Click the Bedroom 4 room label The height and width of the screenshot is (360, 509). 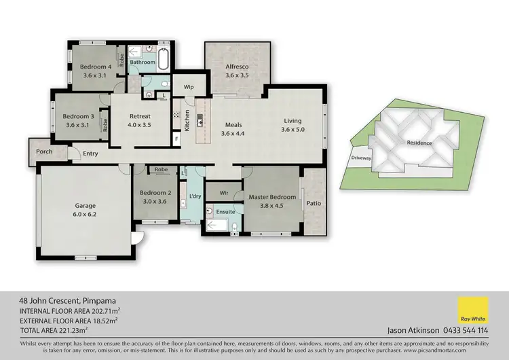coord(96,67)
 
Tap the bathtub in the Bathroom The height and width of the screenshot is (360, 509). coord(164,60)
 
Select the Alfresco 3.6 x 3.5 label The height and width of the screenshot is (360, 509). coord(238,67)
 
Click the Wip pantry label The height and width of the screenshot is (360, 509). coord(189,87)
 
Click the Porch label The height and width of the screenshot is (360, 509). coord(44,151)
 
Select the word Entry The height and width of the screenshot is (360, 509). coord(90,154)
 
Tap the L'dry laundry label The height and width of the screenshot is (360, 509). coord(195,196)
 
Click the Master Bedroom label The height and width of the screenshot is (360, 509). coord(272,197)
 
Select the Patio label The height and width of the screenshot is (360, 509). coord(313,202)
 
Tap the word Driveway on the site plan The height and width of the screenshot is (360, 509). coord(360,158)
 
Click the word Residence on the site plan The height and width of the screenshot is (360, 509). coord(419,143)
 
